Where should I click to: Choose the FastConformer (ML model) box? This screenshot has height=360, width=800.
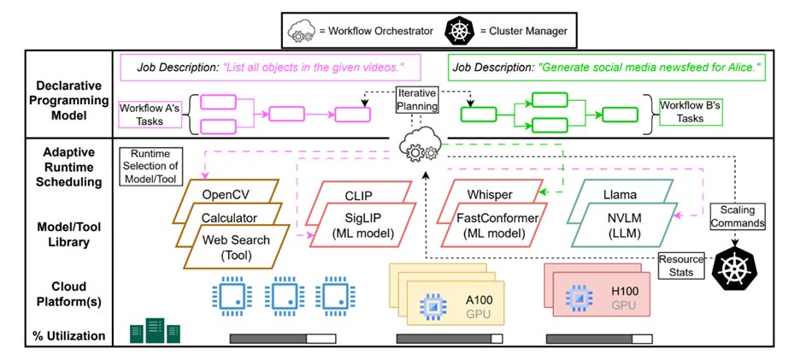tap(497, 226)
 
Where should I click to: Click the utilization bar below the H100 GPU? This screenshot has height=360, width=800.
tap(597, 339)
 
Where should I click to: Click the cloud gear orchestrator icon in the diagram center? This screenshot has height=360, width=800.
tap(417, 146)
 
